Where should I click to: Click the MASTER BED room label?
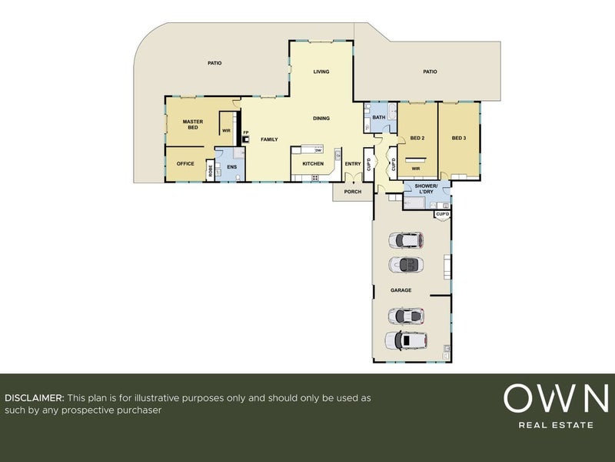tap(193, 125)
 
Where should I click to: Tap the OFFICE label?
tap(185, 163)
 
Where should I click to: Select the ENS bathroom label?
tap(232, 166)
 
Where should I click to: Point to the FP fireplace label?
tap(246, 132)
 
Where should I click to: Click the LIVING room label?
tap(321, 72)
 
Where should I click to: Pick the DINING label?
tap(321, 118)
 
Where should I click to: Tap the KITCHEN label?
tap(313, 163)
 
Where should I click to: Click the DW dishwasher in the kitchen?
tap(318, 150)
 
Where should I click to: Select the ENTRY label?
tap(353, 164)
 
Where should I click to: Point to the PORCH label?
tap(353, 192)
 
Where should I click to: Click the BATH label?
tap(379, 117)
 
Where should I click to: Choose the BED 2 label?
tap(417, 138)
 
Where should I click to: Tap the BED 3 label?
tap(459, 138)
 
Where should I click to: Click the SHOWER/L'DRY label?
tap(427, 189)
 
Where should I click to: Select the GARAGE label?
tap(401, 290)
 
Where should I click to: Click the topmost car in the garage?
tap(406, 240)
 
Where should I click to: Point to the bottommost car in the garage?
tap(406, 340)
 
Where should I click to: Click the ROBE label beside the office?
tap(211, 170)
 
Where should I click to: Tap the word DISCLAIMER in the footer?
tap(35, 397)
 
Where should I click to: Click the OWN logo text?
tap(556, 398)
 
